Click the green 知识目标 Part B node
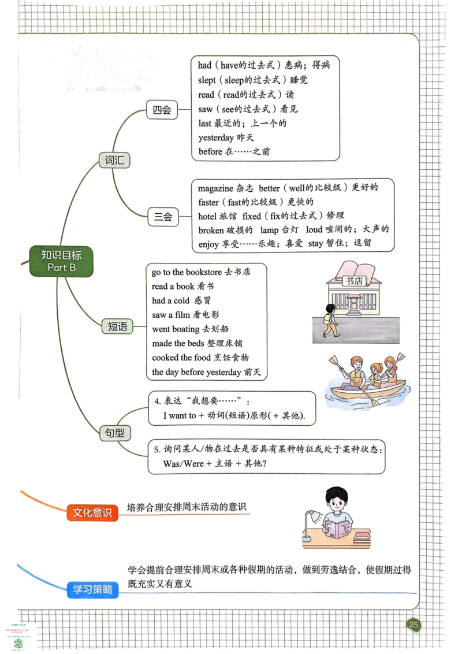(x=62, y=261)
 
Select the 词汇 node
(x=115, y=160)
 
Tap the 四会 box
(x=162, y=110)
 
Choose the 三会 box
(x=163, y=217)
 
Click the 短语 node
(x=117, y=326)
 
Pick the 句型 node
(x=115, y=432)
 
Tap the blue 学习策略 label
(x=92, y=590)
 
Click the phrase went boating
(x=176, y=329)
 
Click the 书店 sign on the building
(x=353, y=281)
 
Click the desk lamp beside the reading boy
(x=312, y=518)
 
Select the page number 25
(x=413, y=625)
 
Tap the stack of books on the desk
(x=362, y=537)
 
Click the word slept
(x=206, y=80)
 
